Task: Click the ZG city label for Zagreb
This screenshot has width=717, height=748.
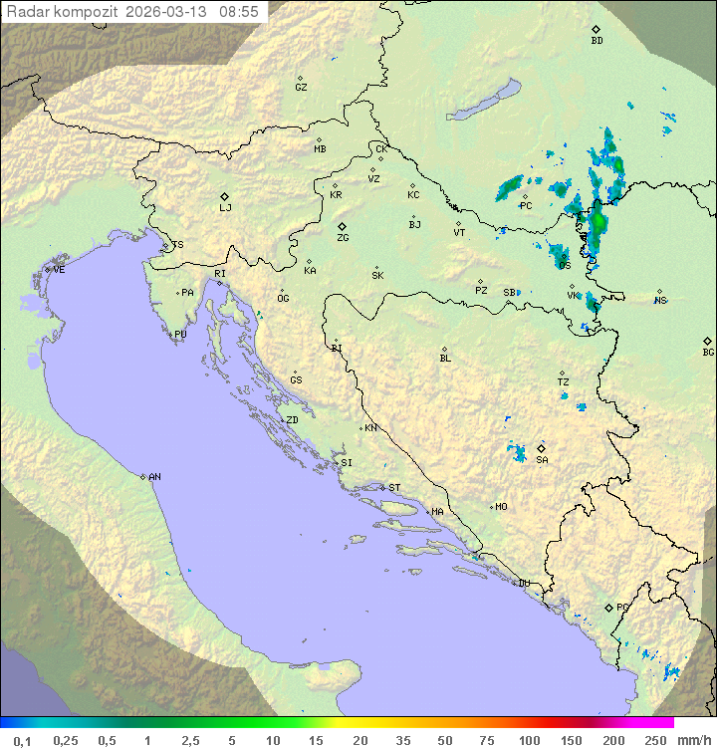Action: coord(343,238)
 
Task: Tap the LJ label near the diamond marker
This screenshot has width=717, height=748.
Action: coord(225,208)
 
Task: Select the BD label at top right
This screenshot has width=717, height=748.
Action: coord(597,41)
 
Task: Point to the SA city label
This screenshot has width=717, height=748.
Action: coord(542,460)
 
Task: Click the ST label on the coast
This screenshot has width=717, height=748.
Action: coord(394,488)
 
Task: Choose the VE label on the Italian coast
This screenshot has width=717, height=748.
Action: coord(59,270)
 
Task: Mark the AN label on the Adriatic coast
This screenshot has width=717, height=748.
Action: coord(154,477)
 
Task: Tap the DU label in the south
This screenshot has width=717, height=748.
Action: coord(523,584)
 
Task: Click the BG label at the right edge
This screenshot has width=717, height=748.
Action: coord(708,353)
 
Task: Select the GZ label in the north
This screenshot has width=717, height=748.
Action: coord(301,88)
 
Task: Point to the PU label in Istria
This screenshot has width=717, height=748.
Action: coord(180,335)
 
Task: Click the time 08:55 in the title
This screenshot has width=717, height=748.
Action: coord(239,12)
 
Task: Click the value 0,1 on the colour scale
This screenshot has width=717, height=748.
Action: coord(22,740)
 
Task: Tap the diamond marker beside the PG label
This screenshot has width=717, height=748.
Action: coord(608,607)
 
